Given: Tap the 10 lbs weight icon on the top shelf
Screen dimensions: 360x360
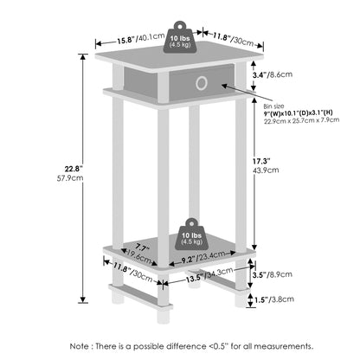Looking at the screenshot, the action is coord(180,37).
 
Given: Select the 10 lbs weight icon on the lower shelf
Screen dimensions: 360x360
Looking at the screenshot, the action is coord(192,235).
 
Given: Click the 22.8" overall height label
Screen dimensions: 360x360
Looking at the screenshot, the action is coord(74,168).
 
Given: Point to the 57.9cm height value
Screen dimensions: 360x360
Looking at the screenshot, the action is coord(70,178).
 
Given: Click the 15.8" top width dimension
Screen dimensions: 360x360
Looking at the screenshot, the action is coord(126,40).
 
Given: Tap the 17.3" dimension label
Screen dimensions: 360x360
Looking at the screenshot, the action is coord(262,161).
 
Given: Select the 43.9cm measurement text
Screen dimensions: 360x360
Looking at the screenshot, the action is coord(266,170).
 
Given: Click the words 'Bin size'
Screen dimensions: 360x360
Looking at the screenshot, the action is coord(273,106).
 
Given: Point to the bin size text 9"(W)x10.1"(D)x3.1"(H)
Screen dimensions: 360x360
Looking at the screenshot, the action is coord(298,112).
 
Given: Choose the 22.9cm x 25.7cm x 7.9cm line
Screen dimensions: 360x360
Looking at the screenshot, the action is coord(301,120).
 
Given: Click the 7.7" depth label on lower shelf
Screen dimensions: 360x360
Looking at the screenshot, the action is coord(142,248).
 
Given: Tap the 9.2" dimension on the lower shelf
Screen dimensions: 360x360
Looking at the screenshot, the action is coord(188,260).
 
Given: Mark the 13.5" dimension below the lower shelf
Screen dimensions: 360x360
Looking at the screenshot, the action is coord(193,279).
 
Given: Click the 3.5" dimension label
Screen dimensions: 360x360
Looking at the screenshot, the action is coord(259,275).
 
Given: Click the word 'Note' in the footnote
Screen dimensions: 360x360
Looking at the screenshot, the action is coord(80,346).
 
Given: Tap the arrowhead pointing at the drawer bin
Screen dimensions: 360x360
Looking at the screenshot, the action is coord(224,85).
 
